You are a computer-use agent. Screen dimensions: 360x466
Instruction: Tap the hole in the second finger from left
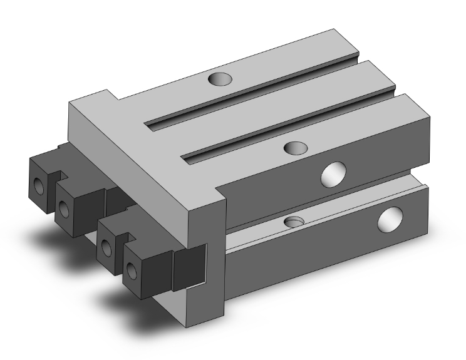65,206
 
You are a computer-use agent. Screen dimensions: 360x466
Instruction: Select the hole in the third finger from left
108,246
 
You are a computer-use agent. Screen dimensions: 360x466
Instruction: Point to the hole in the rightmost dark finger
132,270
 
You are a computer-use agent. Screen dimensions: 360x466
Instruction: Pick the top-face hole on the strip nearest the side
294,148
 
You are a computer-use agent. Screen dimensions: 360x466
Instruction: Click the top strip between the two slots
269,106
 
